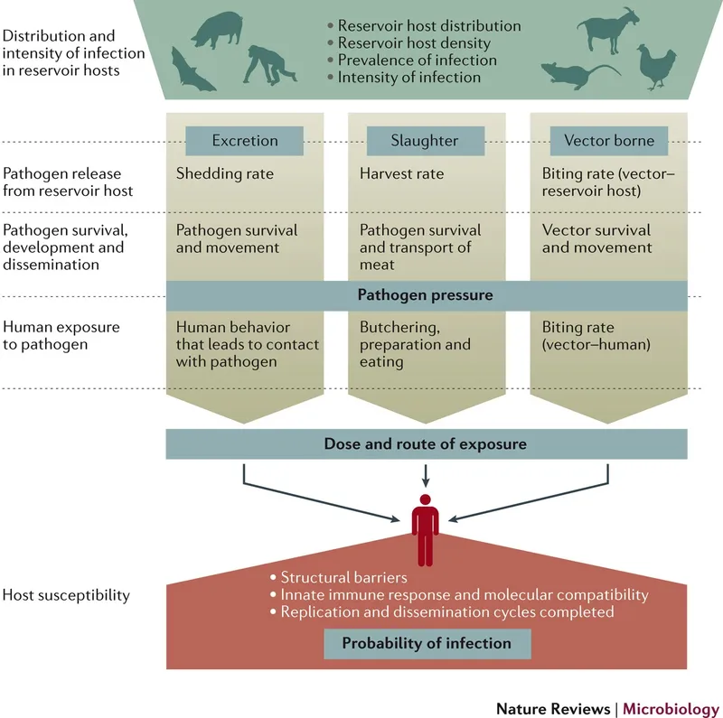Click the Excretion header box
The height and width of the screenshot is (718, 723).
tap(245, 141)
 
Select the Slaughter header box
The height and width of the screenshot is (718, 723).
tap(425, 141)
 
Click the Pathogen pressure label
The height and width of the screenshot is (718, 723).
tap(425, 295)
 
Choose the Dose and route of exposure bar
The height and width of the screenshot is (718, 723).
tap(425, 443)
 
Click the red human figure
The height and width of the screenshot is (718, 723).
tap(425, 529)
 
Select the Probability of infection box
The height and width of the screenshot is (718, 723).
tap(427, 643)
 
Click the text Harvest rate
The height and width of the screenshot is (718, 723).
tap(401, 173)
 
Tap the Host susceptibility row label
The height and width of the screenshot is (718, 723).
tap(66, 595)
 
